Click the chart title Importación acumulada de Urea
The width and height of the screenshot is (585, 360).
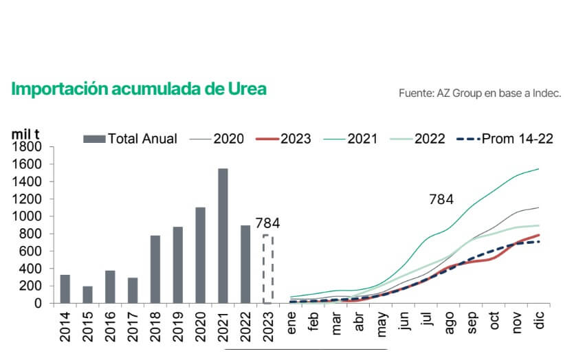[138, 89]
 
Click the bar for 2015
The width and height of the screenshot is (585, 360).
[87, 295]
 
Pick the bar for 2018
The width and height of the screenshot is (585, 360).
[155, 269]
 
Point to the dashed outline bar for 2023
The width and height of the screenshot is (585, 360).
[268, 269]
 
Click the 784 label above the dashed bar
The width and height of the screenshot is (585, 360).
[267, 223]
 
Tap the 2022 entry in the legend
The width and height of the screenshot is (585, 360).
[419, 139]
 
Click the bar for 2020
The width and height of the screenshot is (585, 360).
[200, 255]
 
